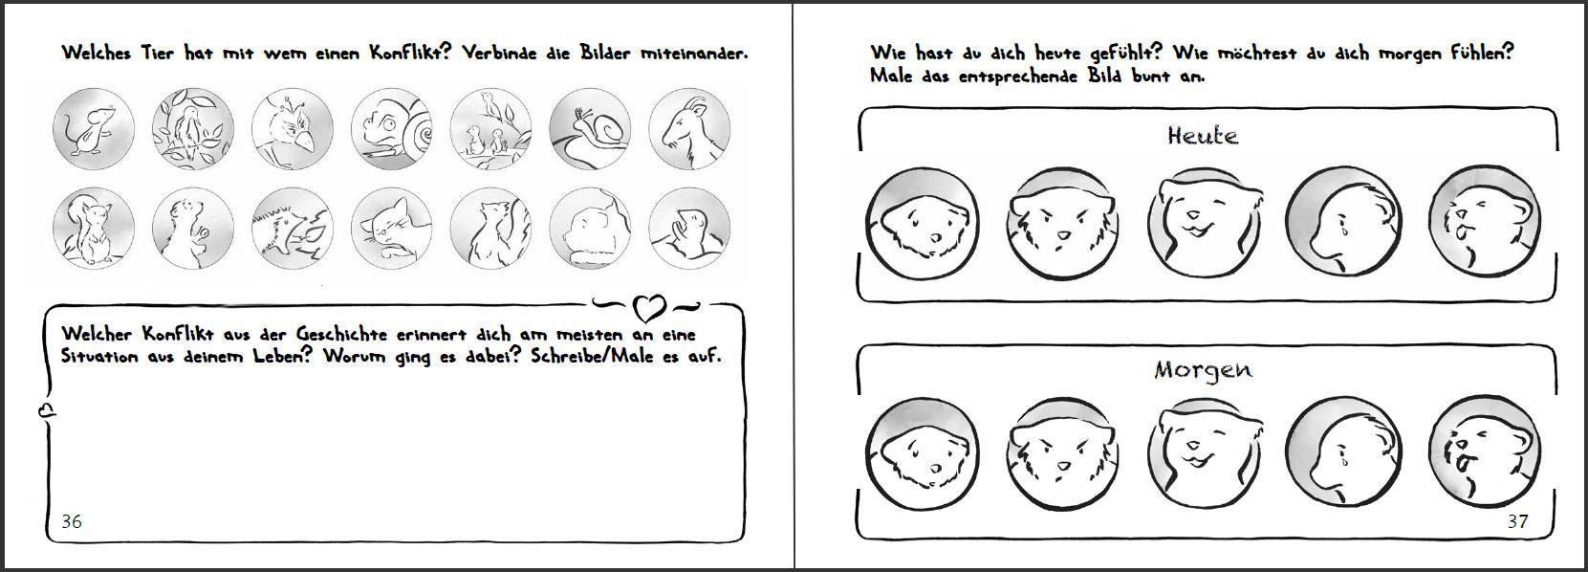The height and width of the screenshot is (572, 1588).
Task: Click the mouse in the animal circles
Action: click(x=94, y=128)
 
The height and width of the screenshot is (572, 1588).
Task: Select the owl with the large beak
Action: click(x=293, y=128)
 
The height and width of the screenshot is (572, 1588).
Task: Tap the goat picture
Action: click(x=689, y=128)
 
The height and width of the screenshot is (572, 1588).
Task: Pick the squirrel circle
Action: click(x=94, y=228)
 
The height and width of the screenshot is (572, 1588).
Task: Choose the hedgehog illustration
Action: click(x=293, y=228)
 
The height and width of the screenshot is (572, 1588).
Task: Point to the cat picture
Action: click(x=391, y=228)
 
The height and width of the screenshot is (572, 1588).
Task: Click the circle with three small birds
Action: click(x=490, y=128)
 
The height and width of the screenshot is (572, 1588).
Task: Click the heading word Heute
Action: click(x=1203, y=135)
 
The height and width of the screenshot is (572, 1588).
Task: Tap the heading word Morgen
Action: click(x=1203, y=370)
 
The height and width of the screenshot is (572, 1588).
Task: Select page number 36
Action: click(x=72, y=521)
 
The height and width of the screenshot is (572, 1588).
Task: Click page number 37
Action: click(x=1518, y=521)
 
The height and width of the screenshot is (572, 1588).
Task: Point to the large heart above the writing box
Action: click(x=649, y=307)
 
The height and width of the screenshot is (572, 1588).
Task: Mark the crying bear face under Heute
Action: click(x=1343, y=222)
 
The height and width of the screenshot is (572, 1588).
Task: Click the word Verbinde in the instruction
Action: click(x=499, y=54)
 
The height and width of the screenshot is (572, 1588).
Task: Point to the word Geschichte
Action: click(x=341, y=334)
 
